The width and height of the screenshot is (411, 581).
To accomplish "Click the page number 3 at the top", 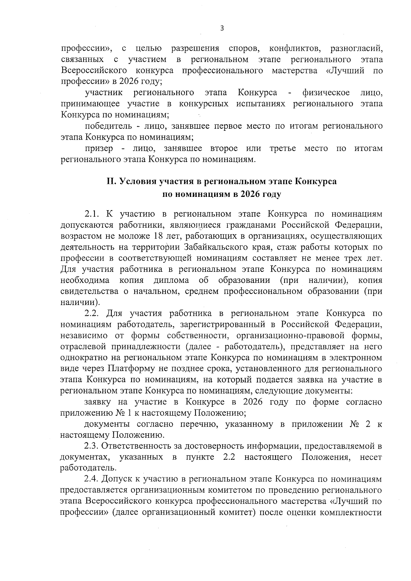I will click(x=222, y=29).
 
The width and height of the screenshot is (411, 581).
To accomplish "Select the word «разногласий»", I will click(x=356, y=49).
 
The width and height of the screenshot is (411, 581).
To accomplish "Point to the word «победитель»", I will click(x=108, y=126).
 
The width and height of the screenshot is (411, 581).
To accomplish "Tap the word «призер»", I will click(x=99, y=149).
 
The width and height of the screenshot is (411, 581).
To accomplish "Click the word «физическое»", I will click(x=326, y=92).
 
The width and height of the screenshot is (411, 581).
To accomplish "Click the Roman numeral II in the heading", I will click(x=111, y=181).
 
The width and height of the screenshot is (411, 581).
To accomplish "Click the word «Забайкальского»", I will click(x=216, y=247).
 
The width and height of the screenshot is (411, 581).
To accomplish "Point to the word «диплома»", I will click(x=171, y=280).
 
